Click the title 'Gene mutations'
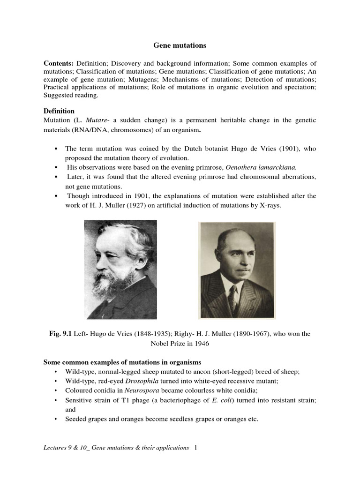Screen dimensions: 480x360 180,45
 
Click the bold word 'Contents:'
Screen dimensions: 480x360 59,63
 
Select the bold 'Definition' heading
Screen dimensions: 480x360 59,111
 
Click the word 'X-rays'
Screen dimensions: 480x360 270,205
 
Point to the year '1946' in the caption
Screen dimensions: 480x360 199,343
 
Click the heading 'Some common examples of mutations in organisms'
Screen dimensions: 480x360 122,362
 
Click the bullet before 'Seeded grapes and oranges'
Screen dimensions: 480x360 56,419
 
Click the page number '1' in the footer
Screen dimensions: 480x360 195,448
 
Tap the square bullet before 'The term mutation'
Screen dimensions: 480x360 56,149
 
